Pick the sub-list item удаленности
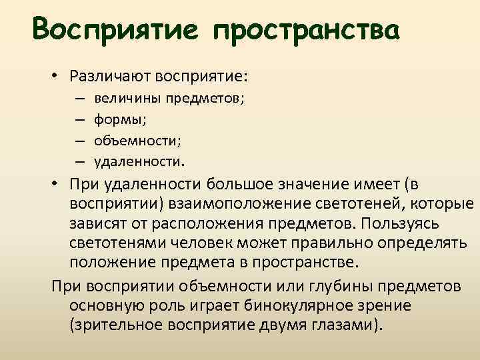(x=137, y=161)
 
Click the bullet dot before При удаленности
(x=53, y=184)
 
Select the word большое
(x=243, y=184)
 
